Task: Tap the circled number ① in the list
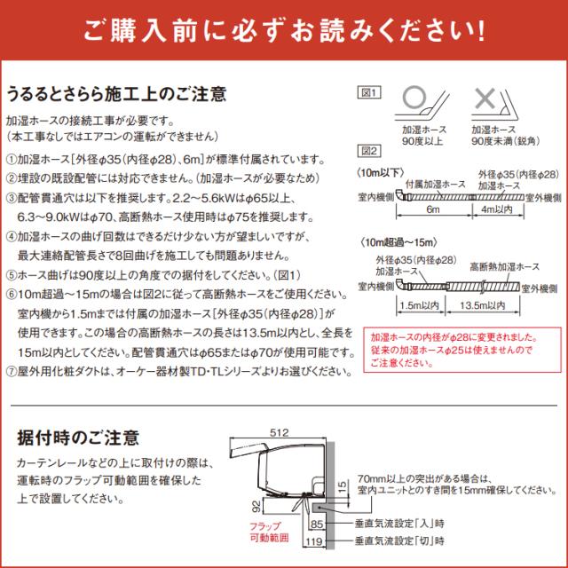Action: (x=12, y=159)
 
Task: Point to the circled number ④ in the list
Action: (x=12, y=237)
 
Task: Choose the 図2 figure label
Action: (x=367, y=150)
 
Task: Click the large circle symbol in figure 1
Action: (x=414, y=99)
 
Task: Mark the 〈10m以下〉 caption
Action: (x=380, y=170)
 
